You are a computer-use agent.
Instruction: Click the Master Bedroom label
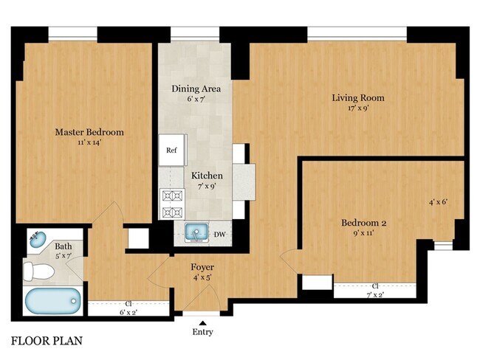[89, 132]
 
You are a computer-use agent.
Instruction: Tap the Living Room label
[358, 97]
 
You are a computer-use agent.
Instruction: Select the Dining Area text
[196, 89]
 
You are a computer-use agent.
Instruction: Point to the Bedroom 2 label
[364, 223]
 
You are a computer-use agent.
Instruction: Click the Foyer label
[202, 268]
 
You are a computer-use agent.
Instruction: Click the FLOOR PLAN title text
[46, 342]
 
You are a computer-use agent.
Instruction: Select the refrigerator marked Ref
[171, 150]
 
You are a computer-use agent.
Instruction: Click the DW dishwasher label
[219, 235]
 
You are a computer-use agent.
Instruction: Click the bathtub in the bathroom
[51, 302]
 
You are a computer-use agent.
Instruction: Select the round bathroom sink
[37, 239]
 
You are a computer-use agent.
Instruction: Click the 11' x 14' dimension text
[89, 142]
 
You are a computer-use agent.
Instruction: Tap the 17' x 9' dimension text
[358, 108]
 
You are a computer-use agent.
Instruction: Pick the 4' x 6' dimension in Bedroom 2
[439, 201]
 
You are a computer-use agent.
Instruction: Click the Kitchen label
[207, 176]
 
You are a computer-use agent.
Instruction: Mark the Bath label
[64, 246]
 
